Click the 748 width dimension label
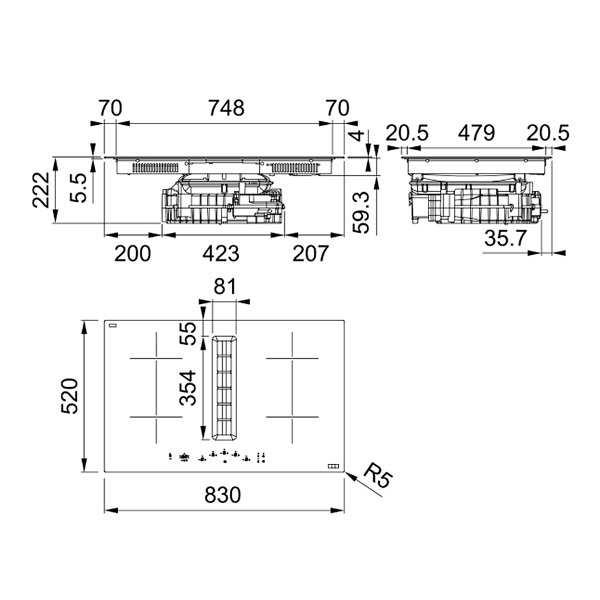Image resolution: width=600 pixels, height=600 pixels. [x=226, y=108]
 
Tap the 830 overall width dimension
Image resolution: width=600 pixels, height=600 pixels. [x=223, y=495]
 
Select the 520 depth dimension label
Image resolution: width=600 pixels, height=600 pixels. [x=69, y=396]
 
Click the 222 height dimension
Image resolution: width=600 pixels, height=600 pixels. [x=41, y=190]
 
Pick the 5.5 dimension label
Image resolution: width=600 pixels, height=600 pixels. [x=78, y=188]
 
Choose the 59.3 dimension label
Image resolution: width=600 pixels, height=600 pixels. [x=361, y=213]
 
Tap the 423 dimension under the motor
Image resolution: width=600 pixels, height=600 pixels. [x=221, y=254]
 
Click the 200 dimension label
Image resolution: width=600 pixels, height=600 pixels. [x=132, y=254]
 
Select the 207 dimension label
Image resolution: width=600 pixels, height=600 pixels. [x=310, y=254]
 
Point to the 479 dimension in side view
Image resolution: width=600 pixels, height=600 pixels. [x=477, y=133]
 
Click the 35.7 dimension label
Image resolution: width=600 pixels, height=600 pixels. [x=505, y=238]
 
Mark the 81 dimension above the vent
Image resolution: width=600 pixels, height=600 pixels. [x=225, y=286]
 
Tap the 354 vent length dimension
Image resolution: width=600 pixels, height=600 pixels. [x=188, y=388]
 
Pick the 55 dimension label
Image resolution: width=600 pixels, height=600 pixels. [x=188, y=333]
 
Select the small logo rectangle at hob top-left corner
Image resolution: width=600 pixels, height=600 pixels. [x=113, y=326]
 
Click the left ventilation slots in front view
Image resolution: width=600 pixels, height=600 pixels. [x=156, y=168]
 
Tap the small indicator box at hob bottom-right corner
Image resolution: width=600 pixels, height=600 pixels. [x=333, y=466]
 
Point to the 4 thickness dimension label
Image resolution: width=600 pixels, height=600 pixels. [x=358, y=135]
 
